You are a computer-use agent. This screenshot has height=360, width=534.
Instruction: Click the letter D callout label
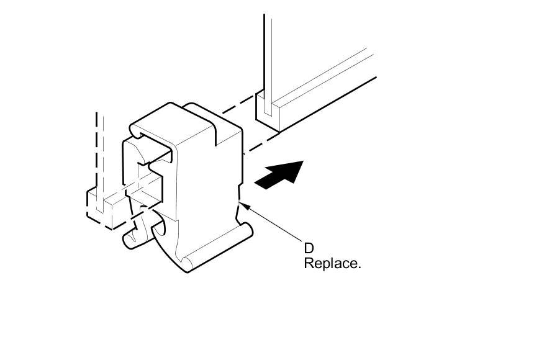tap(309, 248)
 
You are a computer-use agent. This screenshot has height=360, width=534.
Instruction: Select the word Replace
tap(331, 263)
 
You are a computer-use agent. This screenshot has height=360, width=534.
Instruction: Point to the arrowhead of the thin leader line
tap(244, 203)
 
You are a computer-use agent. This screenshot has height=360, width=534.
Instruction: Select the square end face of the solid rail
tap(267, 111)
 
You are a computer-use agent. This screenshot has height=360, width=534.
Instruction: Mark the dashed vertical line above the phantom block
tap(97, 149)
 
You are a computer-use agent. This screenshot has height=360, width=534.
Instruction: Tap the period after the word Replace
tap(359, 267)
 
